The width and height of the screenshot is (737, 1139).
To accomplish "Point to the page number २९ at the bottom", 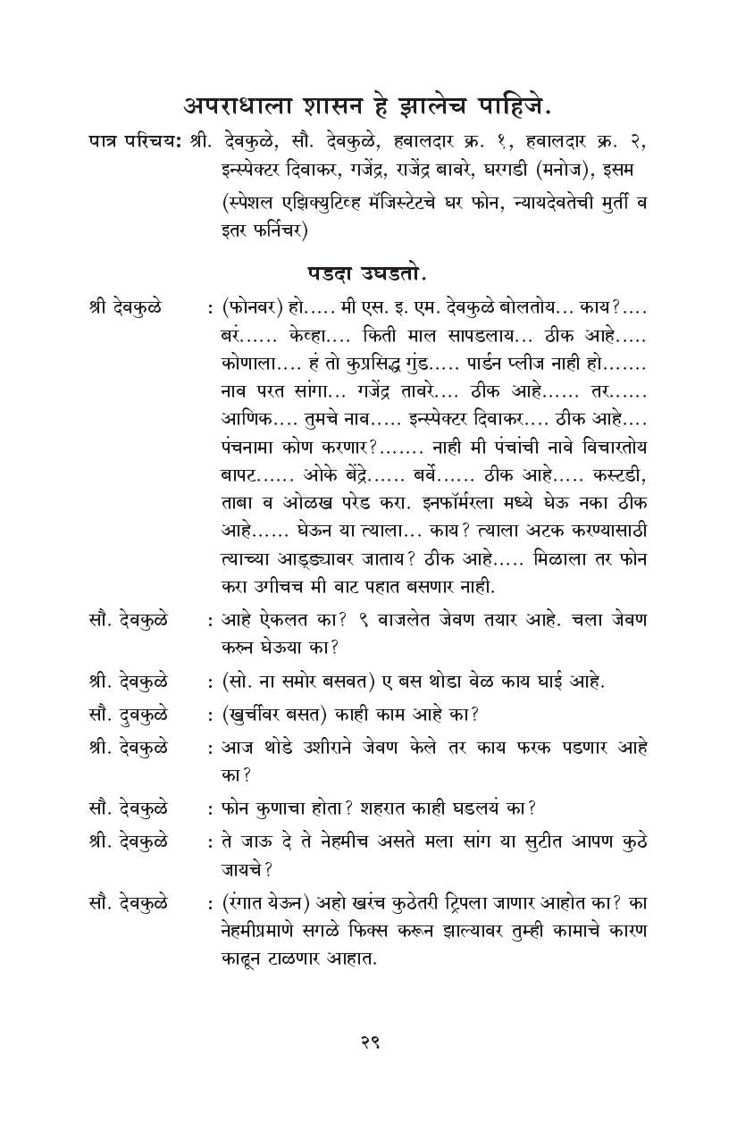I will (x=369, y=1042).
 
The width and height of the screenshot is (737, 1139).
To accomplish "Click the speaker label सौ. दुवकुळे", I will (x=128, y=714).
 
